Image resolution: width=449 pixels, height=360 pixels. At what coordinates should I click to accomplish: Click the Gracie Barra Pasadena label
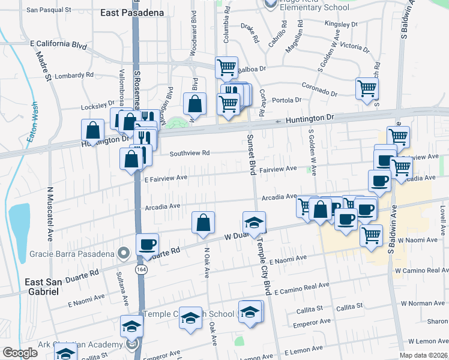pos(73,254)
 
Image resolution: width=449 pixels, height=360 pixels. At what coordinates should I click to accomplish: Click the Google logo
pos(20,353)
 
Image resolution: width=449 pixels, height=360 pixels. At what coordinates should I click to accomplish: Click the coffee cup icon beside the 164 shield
pos(147,244)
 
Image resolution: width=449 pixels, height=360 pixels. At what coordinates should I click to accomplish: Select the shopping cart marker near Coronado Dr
pos(367,89)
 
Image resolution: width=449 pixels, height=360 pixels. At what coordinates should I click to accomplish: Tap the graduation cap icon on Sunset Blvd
pos(254,222)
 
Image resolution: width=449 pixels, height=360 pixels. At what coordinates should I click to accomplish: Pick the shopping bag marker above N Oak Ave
pos(203,222)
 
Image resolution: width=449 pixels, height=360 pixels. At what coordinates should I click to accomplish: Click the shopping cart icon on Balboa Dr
pos(226,67)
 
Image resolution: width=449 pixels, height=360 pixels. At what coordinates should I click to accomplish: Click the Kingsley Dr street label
pos(340,25)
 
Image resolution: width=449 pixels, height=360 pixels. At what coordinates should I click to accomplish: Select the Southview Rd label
pos(189,153)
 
